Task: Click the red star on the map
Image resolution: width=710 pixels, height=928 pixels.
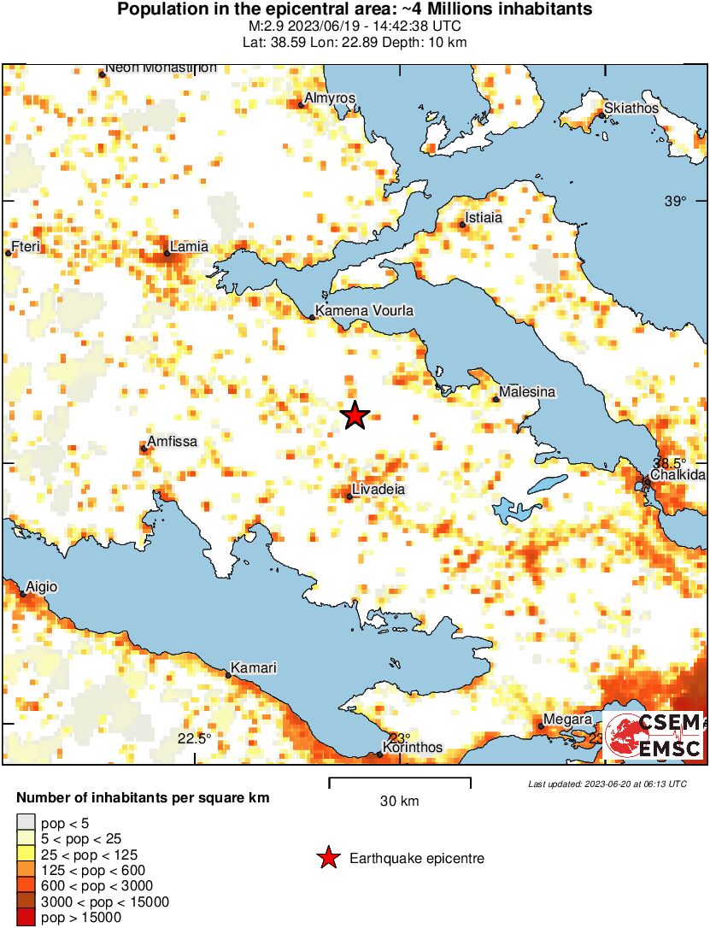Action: pos(355,415)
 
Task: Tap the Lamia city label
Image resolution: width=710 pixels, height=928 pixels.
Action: pos(189,247)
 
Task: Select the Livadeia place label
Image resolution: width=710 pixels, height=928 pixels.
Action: pos(379,489)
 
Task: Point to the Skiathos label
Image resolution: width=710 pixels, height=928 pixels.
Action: pos(631,109)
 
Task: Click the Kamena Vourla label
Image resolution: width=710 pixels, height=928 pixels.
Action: pos(364,311)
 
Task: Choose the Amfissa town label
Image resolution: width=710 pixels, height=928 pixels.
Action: pos(173,442)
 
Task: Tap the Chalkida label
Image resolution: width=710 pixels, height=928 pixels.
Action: pos(678,474)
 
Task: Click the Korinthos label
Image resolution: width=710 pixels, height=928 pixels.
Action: pos(413,748)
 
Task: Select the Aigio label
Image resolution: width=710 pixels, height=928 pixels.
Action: pos(42,587)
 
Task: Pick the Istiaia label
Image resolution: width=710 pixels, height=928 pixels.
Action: pos(483,218)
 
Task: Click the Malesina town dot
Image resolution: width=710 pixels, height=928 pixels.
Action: pos(496,399)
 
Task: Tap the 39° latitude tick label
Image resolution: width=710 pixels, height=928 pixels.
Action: pos(675,201)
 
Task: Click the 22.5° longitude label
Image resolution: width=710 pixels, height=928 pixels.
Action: pos(194,738)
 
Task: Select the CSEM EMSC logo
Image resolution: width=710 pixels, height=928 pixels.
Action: pos(654,735)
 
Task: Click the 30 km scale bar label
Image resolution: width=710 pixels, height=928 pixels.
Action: pos(399,802)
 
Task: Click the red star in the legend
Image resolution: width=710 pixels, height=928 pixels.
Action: pos(327,858)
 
